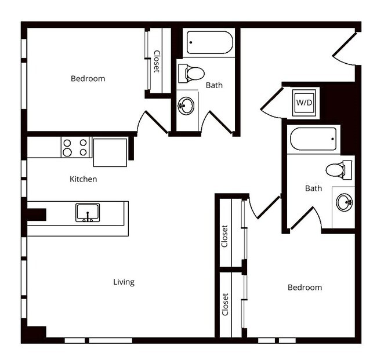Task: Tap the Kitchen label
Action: [x=84, y=179]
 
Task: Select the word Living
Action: [x=124, y=282]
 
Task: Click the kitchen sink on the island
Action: [x=88, y=212]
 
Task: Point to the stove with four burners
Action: [x=75, y=147]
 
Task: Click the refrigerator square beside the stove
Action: [x=110, y=152]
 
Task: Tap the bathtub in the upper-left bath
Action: [x=209, y=42]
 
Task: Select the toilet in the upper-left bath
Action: [x=193, y=74]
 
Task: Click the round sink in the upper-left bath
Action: [x=186, y=106]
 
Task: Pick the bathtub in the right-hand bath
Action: [x=313, y=139]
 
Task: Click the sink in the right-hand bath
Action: [x=344, y=202]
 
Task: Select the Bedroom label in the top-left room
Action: [x=88, y=78]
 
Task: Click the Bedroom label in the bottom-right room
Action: [x=304, y=288]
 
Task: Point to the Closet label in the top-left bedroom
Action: [x=157, y=61]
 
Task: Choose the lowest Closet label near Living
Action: [x=225, y=304]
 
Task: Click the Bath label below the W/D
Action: [x=313, y=188]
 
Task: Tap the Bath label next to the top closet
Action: [x=214, y=85]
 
